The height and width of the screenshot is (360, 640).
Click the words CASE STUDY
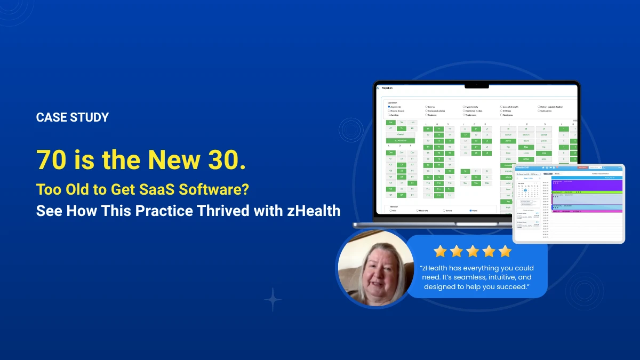(72, 117)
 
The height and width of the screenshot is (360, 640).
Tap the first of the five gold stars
(440, 251)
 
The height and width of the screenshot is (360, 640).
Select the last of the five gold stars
(505, 251)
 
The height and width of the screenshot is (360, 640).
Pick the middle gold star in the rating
(473, 251)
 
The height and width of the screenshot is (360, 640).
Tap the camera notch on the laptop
(476, 85)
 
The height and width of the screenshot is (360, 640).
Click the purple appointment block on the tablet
(587, 185)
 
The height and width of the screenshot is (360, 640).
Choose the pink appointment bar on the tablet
(587, 211)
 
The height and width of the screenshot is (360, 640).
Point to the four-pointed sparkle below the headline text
(273, 300)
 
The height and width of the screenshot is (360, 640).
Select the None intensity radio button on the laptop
(470, 211)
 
